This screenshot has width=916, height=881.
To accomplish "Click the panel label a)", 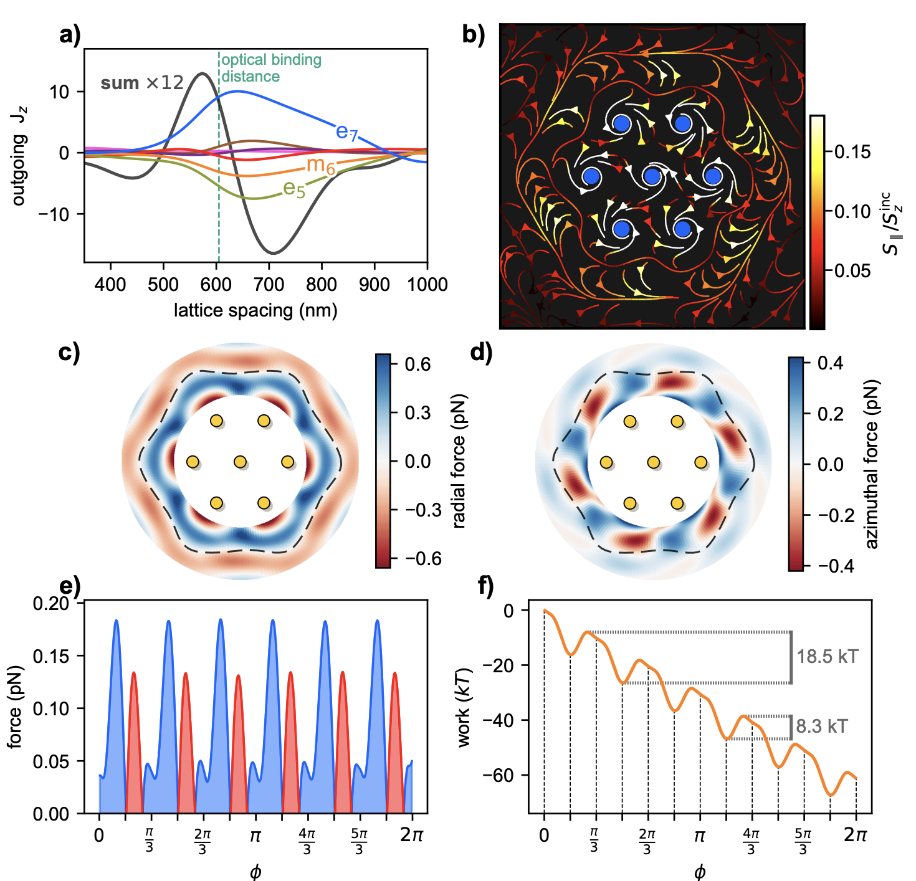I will click(70, 36).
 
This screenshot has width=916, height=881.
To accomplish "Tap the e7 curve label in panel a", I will click(347, 132).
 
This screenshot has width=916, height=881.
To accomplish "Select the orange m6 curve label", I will click(321, 166).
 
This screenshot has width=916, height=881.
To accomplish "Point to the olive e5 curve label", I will click(294, 188).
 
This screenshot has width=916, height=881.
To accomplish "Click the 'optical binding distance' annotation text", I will click(271, 68).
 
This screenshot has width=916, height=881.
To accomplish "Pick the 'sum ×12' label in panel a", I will click(142, 83).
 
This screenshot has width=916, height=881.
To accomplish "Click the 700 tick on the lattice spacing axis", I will click(269, 285).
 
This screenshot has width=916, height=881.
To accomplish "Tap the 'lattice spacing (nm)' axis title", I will click(255, 310).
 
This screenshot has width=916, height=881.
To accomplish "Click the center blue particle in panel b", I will click(652, 176).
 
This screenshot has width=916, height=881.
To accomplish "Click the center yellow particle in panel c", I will click(240, 462).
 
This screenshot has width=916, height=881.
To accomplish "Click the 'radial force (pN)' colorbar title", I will click(459, 461).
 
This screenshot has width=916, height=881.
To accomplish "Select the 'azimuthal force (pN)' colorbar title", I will click(872, 464).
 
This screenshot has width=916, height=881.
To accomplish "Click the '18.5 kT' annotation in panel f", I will click(828, 657).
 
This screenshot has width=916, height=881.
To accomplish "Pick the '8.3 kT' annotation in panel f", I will click(822, 726).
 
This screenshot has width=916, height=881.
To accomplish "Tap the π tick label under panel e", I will click(255, 836).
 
